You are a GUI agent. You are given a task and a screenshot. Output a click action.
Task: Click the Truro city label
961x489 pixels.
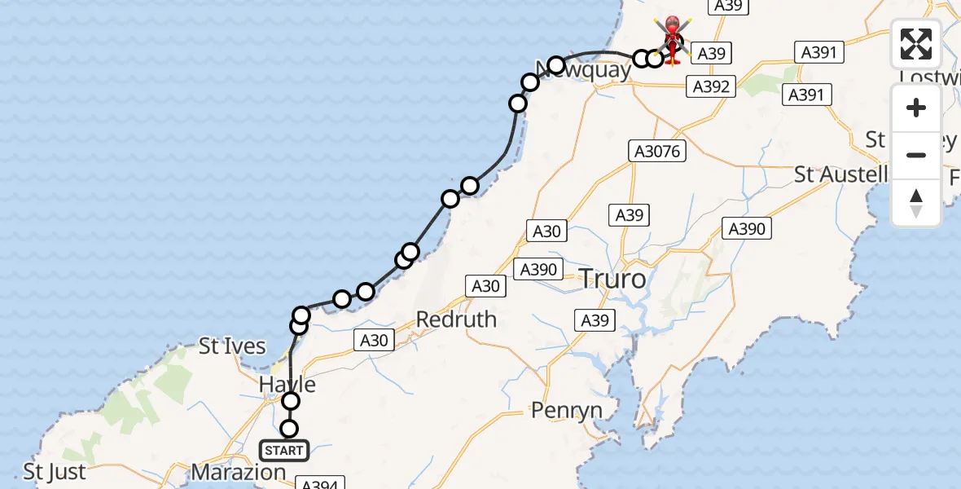pos(612,280)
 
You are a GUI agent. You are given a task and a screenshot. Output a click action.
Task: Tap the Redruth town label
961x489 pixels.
pos(456,319)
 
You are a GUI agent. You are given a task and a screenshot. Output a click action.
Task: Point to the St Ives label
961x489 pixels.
pos(233,346)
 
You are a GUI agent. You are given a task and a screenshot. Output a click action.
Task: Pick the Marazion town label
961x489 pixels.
pos(239,472)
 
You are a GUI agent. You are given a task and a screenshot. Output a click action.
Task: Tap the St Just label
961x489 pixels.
pos(55,472)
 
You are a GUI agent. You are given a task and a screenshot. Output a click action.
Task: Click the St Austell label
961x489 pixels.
pos(841,174)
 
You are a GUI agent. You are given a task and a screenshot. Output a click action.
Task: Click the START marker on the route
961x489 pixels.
pos(284,450)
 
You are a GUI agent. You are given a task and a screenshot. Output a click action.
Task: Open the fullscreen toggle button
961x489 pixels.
pos(916,44)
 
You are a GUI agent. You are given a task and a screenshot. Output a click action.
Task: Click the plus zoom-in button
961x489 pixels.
pos(916,108)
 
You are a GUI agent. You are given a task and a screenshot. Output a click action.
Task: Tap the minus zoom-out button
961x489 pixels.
pos(916,155)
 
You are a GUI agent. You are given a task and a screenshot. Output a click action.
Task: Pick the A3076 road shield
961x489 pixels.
pos(657,151)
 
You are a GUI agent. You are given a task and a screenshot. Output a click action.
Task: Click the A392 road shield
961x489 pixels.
pos(711,86)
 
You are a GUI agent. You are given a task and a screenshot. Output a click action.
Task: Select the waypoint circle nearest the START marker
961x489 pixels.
pos(289,429)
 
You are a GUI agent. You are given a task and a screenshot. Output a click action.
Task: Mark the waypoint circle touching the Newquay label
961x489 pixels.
pos(556,64)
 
